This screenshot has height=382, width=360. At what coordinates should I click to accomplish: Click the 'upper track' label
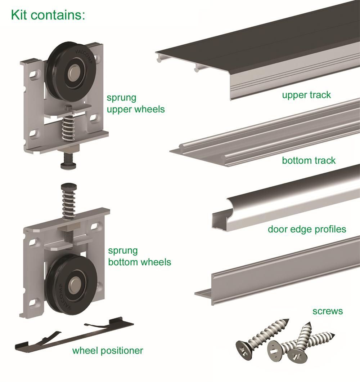click(x=306, y=95)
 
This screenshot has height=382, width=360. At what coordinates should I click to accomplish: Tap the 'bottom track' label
click(x=309, y=160)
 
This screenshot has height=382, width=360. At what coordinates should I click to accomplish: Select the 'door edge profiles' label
click(x=307, y=229)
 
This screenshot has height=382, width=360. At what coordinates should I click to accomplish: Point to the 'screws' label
click(x=328, y=311)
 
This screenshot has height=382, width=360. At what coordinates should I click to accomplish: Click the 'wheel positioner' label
click(x=108, y=350)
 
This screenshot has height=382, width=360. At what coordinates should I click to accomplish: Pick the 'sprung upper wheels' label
click(x=135, y=103)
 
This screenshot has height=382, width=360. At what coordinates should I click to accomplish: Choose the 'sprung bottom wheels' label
click(x=140, y=256)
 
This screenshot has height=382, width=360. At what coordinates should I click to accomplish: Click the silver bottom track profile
click(x=266, y=133)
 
